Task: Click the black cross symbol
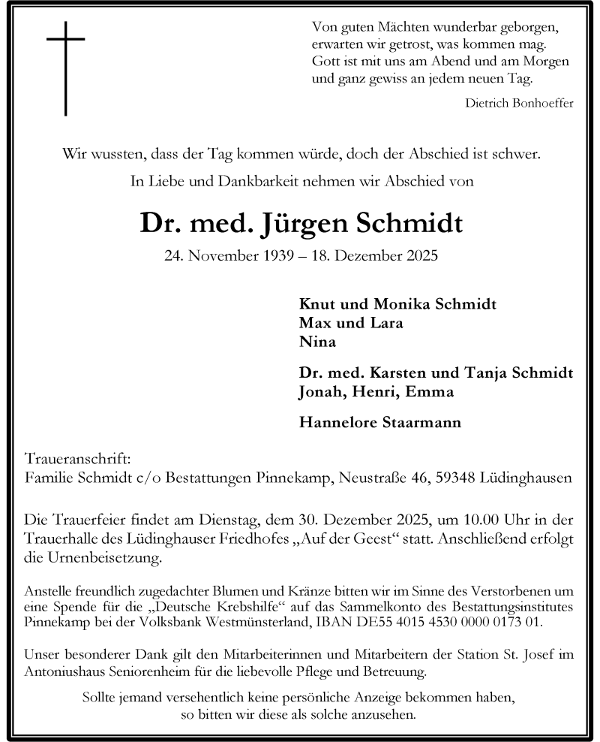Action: pos(66,68)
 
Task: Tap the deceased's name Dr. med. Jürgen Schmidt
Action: pos(300,224)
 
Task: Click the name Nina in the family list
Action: pos(316,342)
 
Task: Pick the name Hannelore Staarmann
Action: pos(379,422)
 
